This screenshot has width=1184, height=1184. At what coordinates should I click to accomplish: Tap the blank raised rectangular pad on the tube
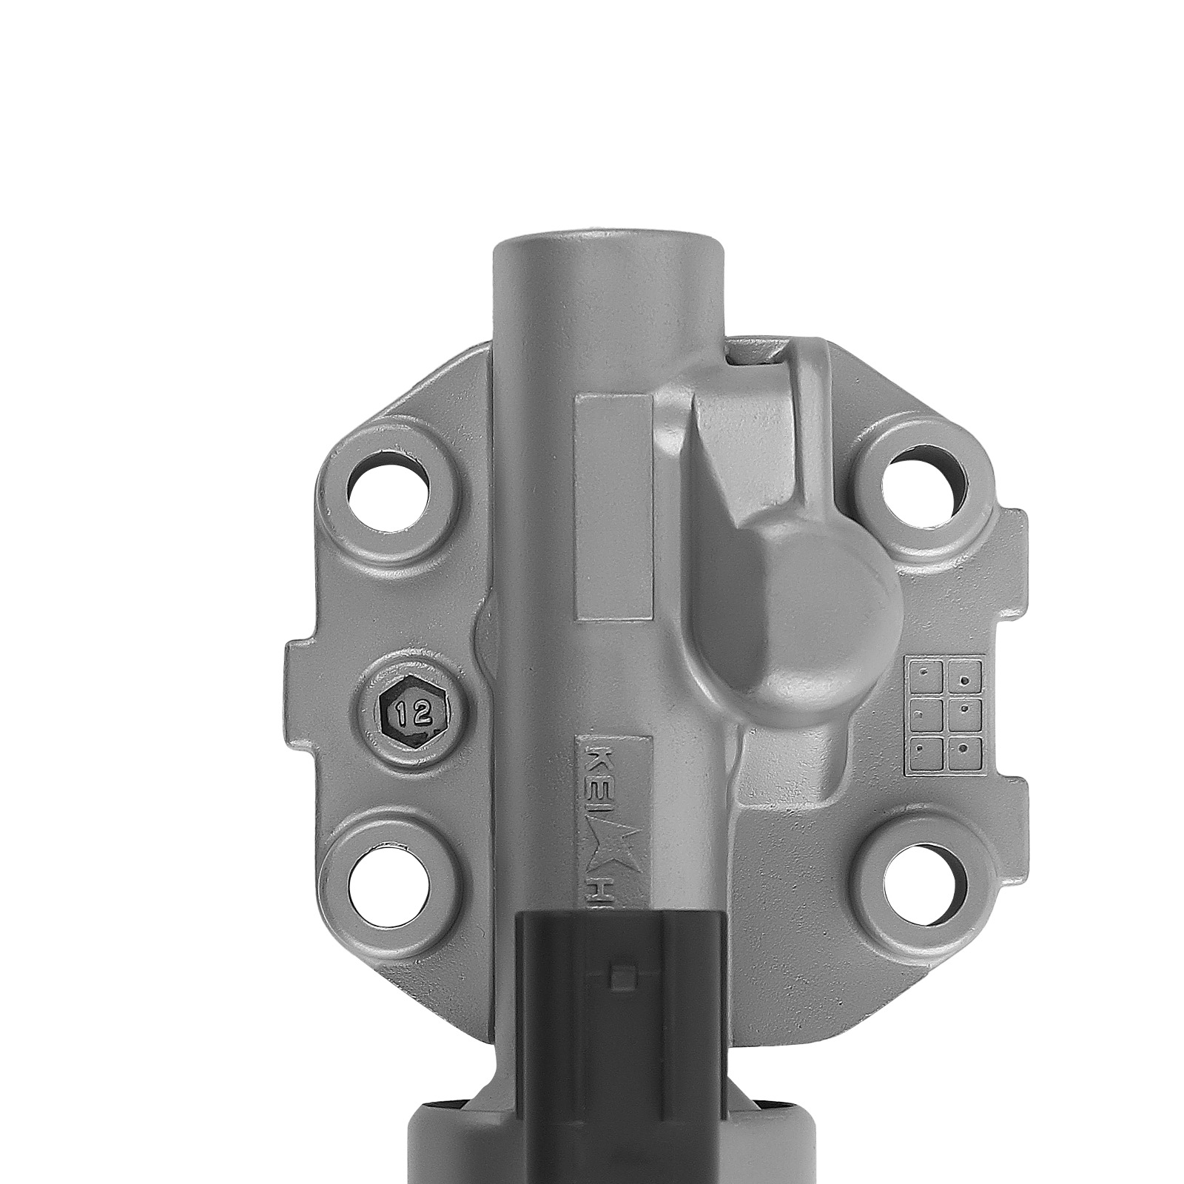pos(614,507)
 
